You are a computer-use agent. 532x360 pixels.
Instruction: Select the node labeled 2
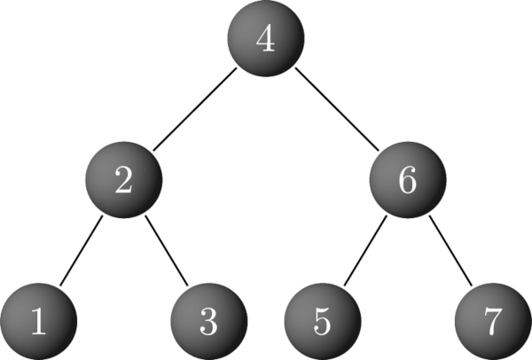(x=125, y=181)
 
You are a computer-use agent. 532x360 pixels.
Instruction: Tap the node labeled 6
(x=407, y=181)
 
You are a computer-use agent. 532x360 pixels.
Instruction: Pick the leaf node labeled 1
(x=37, y=321)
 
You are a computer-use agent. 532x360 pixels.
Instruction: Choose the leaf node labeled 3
(x=208, y=321)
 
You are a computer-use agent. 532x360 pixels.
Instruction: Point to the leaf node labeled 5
(x=323, y=321)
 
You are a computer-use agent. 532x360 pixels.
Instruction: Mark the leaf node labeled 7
(x=493, y=321)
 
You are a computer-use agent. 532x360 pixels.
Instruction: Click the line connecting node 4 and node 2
(x=195, y=111)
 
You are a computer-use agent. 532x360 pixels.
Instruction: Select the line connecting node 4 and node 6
(x=337, y=111)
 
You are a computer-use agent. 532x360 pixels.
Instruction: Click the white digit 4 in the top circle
(x=266, y=41)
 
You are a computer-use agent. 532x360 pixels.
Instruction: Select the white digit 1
(x=38, y=321)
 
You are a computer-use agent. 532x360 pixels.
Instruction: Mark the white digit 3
(x=208, y=321)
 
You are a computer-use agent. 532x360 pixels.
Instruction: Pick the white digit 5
(x=323, y=321)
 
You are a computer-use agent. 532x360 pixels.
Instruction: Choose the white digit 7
(x=493, y=322)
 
